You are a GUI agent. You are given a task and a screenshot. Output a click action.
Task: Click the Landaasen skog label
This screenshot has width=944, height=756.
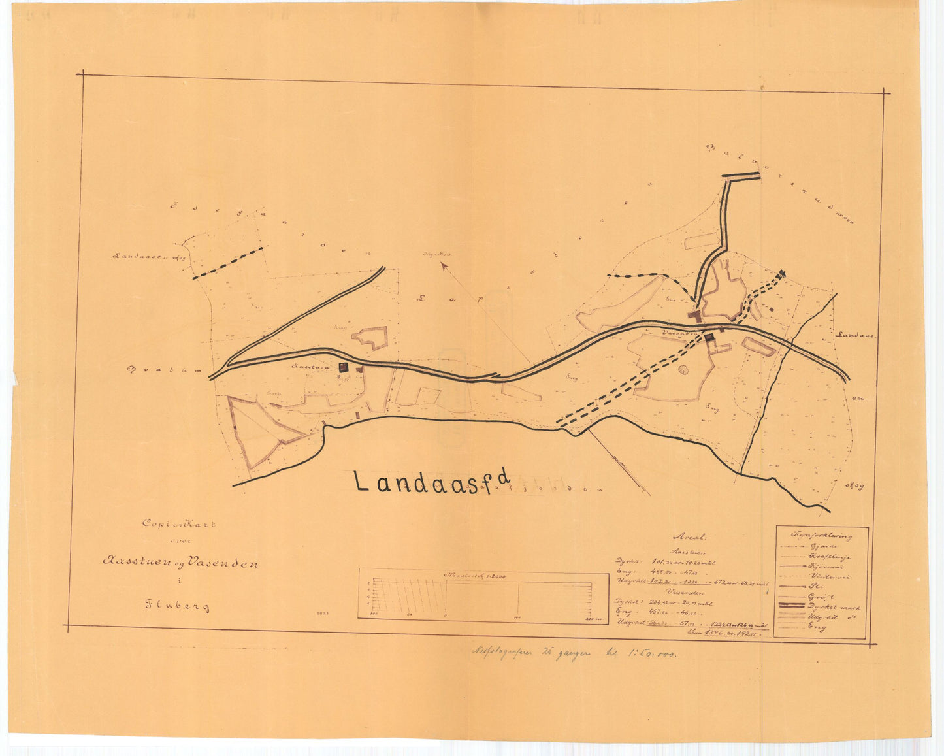tap(149, 257)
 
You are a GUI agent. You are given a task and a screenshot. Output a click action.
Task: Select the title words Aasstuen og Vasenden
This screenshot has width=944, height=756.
tap(179, 562)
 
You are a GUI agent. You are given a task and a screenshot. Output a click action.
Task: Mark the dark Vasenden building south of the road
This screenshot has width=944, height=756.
tap(709, 337)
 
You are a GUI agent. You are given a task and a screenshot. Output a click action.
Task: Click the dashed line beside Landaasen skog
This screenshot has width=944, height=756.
tap(229, 263)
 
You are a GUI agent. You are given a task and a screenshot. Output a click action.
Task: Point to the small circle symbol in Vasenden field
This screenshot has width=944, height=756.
tap(683, 370)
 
